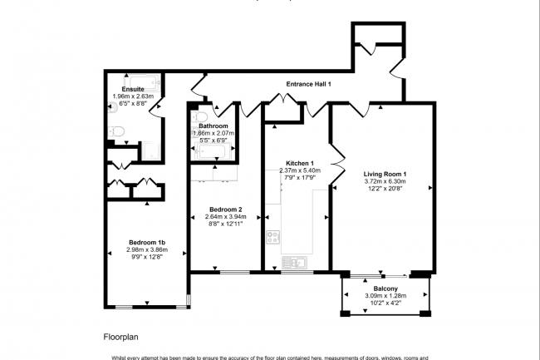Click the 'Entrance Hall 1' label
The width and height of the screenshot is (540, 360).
pos(309,84)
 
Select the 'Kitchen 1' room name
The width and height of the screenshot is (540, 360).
pos(300,163)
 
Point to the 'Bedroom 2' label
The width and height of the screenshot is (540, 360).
pos(226,209)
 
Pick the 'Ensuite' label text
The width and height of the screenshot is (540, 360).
pos(134,89)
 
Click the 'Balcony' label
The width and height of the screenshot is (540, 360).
pos(384,288)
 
